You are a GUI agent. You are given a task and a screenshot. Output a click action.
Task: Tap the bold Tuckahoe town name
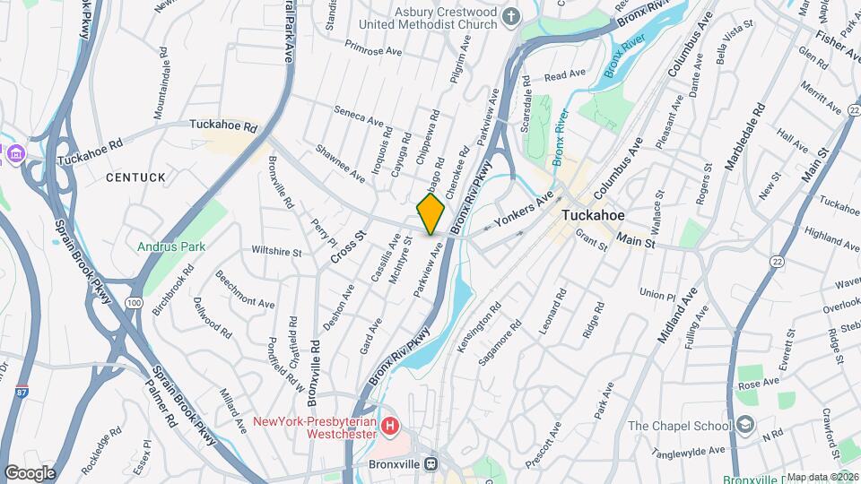tap(599, 216)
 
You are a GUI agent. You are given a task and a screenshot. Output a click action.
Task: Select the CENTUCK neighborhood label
tap(135, 177)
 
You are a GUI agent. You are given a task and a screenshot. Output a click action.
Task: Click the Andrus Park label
tap(171, 246)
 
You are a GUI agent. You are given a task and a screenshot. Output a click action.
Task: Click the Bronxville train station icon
tap(431, 464)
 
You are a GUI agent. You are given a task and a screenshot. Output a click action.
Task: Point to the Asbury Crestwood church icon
tap(511, 16)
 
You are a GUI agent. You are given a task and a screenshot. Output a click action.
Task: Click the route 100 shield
tap(134, 303)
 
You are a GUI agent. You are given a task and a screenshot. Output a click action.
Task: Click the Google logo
tap(30, 472)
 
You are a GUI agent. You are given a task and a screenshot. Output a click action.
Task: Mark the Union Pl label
tap(657, 294)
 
